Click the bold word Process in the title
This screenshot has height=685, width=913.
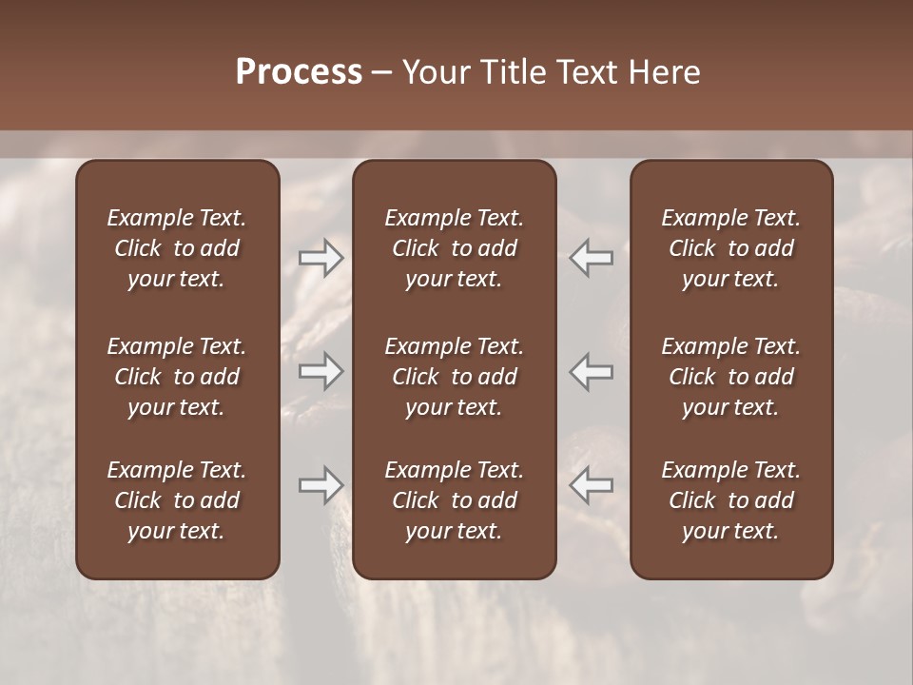[x=299, y=72]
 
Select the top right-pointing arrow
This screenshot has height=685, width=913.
[x=321, y=258]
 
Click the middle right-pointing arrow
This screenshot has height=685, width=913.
[x=321, y=371]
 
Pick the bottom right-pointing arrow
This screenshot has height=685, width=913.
[x=321, y=485]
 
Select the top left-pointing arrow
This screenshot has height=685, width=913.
[x=591, y=258]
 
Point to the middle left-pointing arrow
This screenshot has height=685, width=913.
[x=591, y=371]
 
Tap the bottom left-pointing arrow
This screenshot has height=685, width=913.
[x=591, y=485]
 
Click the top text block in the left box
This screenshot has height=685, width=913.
[x=177, y=248]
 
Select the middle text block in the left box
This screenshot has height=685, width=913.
[x=177, y=377]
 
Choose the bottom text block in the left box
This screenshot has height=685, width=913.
[x=177, y=500]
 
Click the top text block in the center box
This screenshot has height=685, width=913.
[x=454, y=248]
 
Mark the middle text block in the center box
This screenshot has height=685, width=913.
[x=454, y=377]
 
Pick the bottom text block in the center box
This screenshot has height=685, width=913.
[x=454, y=500]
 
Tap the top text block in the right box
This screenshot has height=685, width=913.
[x=730, y=248]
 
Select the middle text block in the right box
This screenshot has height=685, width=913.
[x=730, y=377]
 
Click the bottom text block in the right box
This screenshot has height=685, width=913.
[x=730, y=500]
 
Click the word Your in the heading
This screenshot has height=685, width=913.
[x=436, y=72]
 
